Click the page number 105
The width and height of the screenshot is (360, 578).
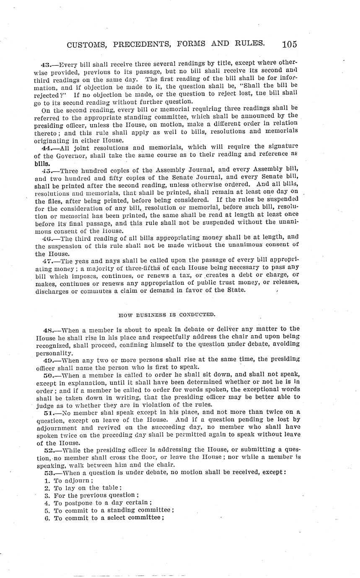pyautogui.click(x=290, y=44)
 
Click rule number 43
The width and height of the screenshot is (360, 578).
pyautogui.click(x=46, y=65)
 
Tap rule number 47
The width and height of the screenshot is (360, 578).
pyautogui.click(x=46, y=261)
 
